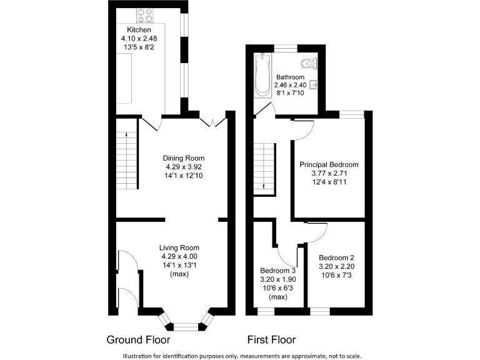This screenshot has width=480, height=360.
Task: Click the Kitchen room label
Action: (139, 30)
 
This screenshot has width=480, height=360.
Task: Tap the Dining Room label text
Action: (183, 158)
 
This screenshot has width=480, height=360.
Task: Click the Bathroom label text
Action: (291, 77)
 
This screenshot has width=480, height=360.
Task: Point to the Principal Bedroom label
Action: (329, 164)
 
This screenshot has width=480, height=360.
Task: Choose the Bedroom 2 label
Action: (336, 257)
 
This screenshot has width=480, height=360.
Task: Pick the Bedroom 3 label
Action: (276, 271)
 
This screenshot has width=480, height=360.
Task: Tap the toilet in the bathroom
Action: (307, 62)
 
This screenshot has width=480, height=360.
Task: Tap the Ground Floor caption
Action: (138, 341)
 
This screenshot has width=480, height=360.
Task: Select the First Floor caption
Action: (271, 341)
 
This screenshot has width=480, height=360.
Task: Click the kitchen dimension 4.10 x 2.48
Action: (139, 39)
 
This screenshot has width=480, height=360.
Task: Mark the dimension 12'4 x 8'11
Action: (329, 182)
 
